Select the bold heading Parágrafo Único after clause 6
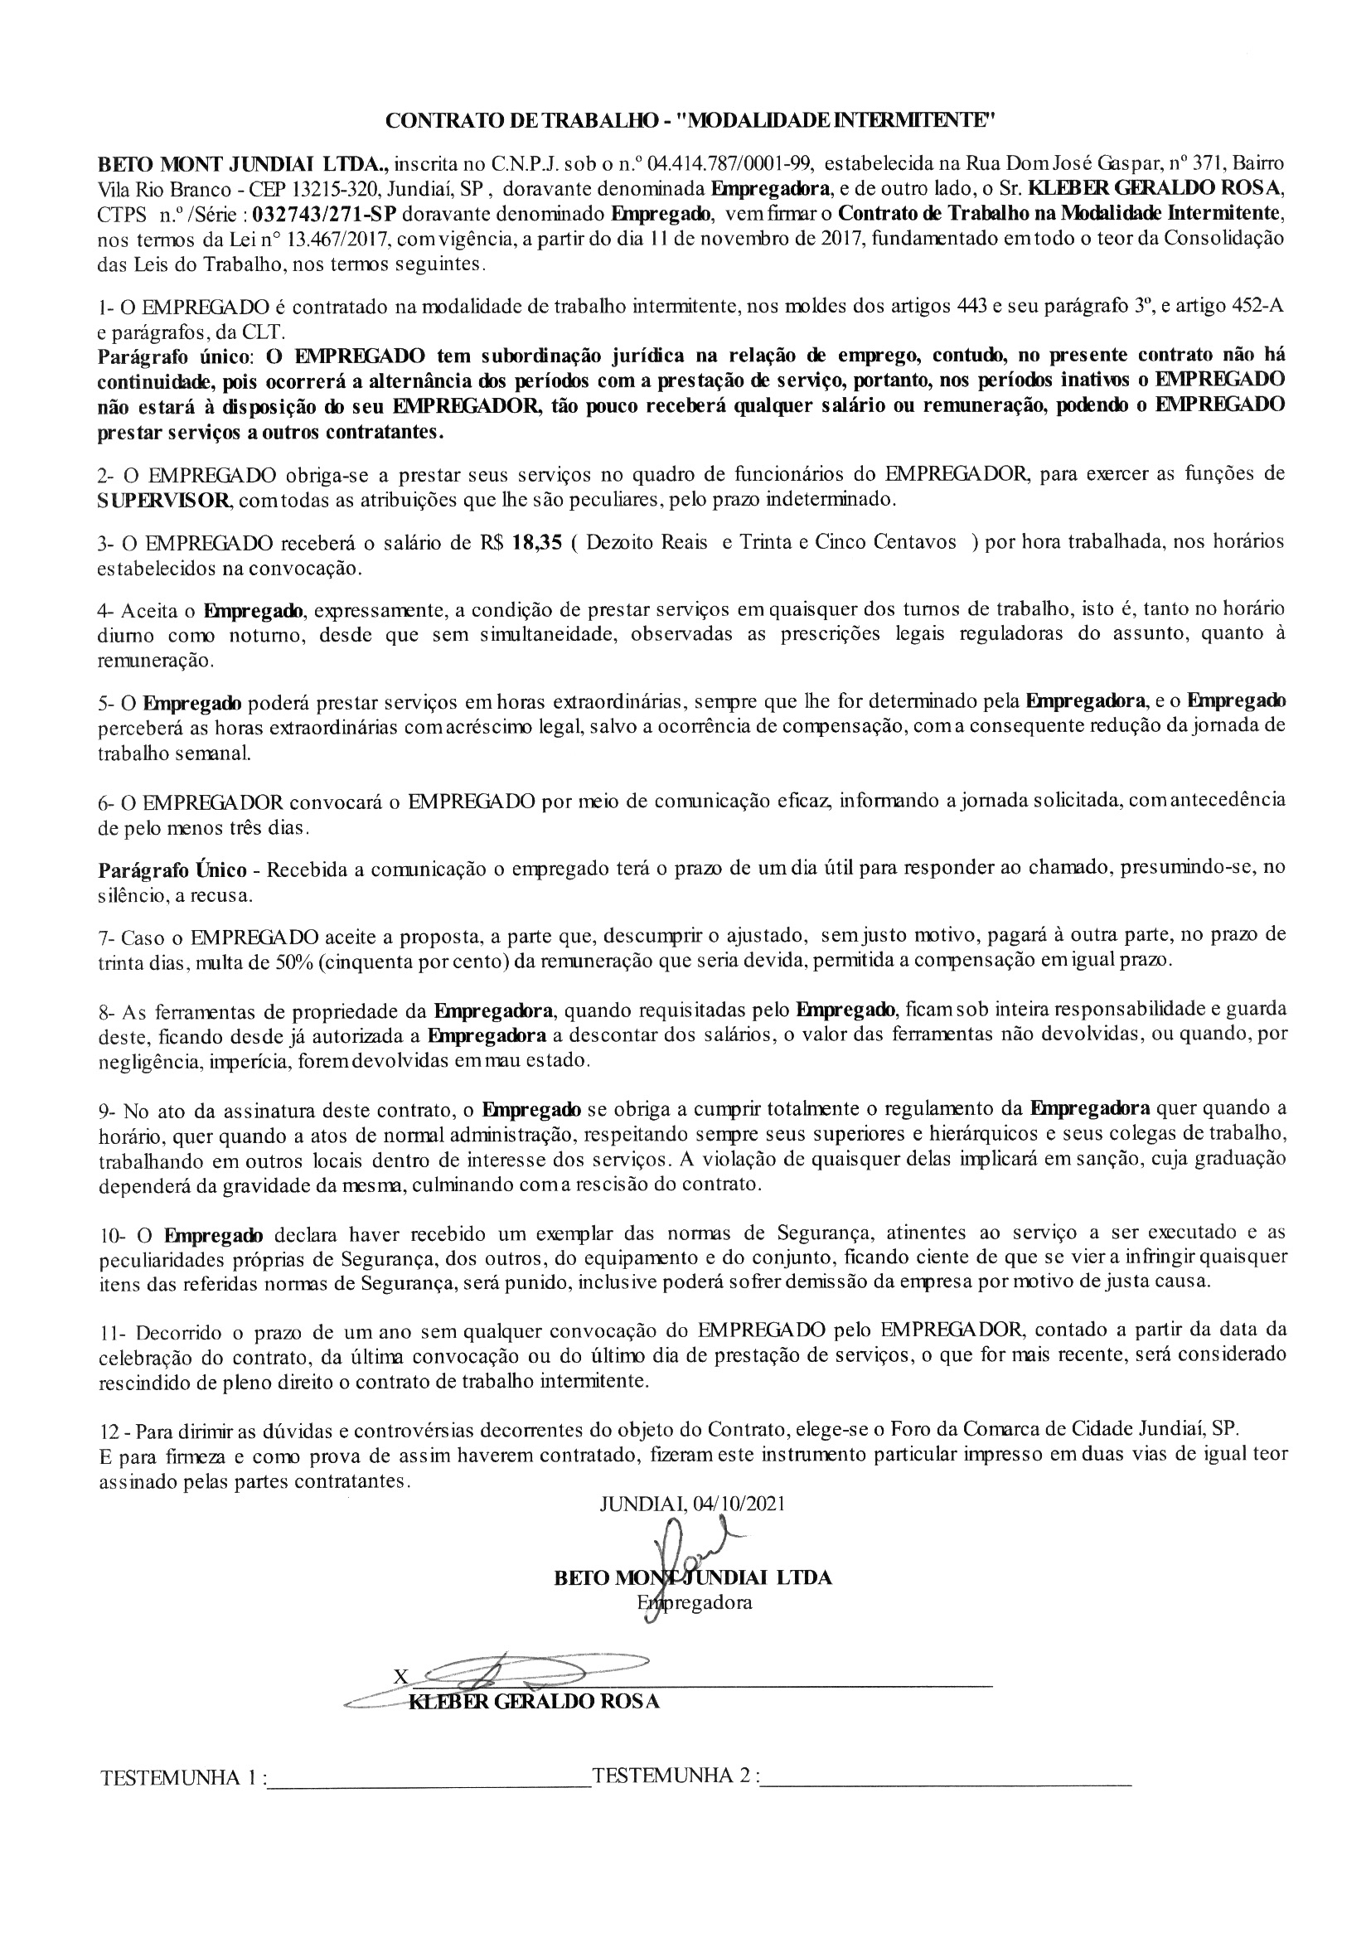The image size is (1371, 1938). [173, 870]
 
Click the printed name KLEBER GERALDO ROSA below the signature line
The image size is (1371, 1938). [534, 1701]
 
